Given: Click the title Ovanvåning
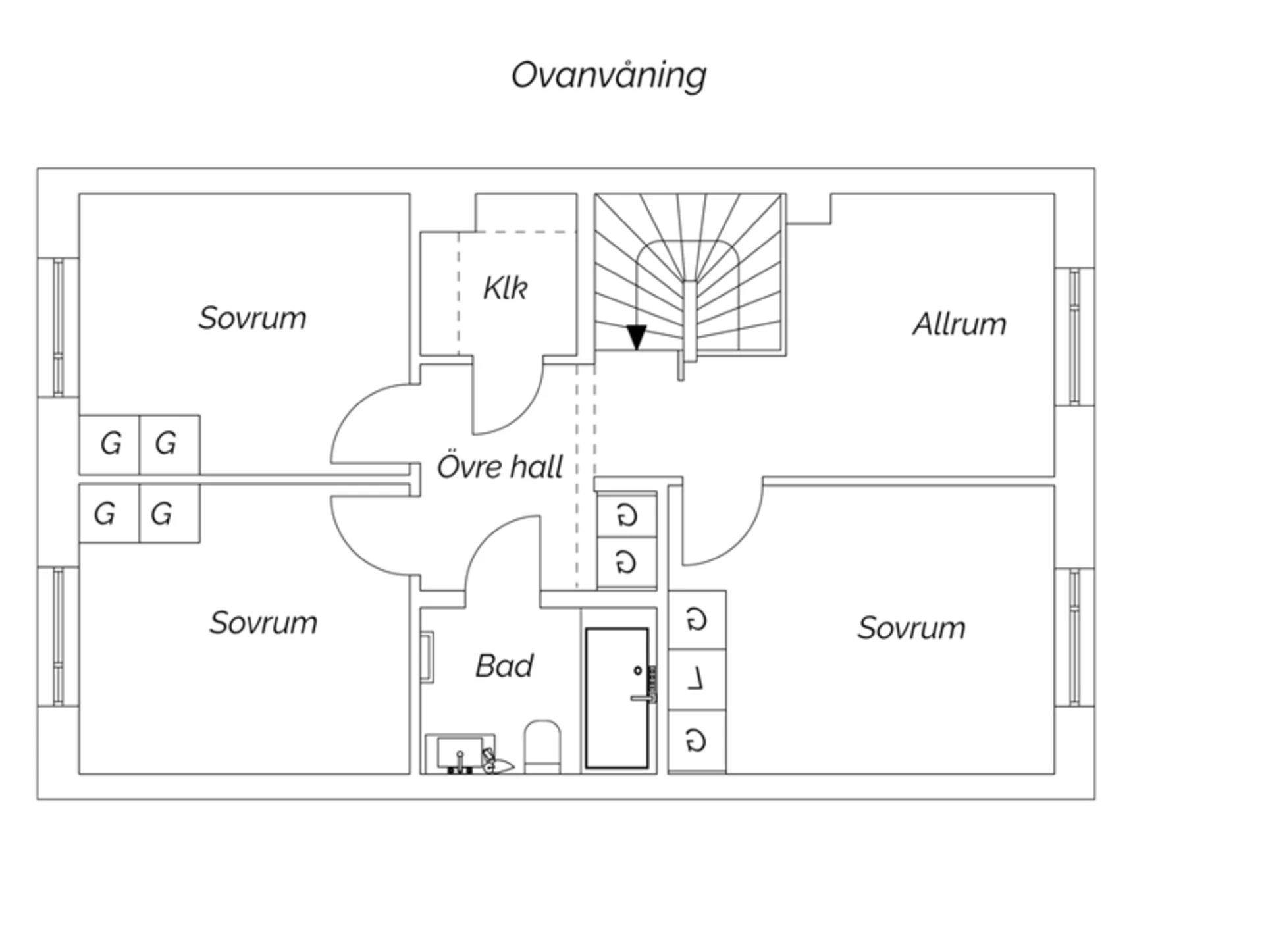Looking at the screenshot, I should tap(608, 75).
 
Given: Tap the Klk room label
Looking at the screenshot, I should tap(505, 288).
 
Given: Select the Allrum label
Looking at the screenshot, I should tap(959, 324).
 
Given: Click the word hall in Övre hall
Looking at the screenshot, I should tap(537, 467).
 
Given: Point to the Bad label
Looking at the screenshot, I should tap(504, 665).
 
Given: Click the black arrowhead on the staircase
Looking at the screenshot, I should tap(636, 337).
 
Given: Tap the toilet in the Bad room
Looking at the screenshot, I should tap(542, 746).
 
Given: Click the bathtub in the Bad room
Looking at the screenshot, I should tap(617, 698).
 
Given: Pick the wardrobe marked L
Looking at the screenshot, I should tap(697, 679).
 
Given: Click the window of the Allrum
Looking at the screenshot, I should tap(1074, 336).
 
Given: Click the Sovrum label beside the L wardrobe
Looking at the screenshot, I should tap(911, 628).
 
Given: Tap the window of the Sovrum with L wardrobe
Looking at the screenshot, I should tap(1074, 637).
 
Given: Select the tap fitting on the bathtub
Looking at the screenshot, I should tap(651, 685).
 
